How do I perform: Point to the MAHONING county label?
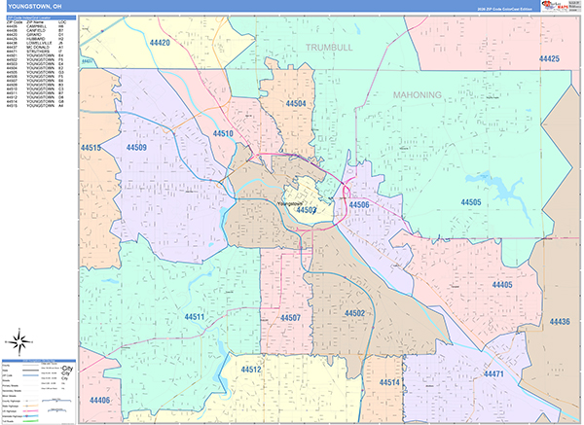(x=418, y=94)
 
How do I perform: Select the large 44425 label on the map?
(x=549, y=59)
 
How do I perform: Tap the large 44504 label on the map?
(x=296, y=103)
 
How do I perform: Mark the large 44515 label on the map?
(x=91, y=148)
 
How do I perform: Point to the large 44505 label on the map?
(x=471, y=202)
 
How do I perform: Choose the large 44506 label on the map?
(x=358, y=205)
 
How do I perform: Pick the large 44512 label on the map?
(x=251, y=370)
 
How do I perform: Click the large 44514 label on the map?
(x=389, y=383)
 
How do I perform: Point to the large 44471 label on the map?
(x=493, y=374)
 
